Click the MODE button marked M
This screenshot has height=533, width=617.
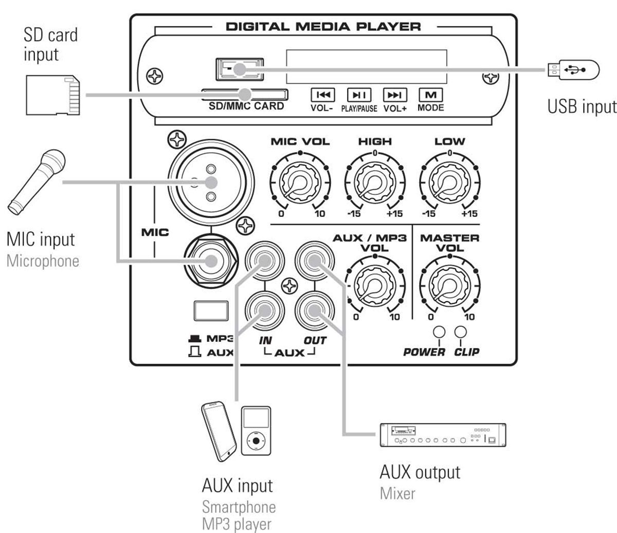(430, 95)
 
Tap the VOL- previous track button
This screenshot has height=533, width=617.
(323, 95)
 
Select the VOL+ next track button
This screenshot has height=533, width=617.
(394, 95)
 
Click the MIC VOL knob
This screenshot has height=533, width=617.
(300, 182)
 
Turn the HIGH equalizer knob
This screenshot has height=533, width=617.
(375, 182)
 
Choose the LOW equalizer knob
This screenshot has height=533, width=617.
(449, 182)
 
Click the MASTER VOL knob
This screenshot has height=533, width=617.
(449, 286)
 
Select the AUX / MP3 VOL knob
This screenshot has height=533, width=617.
(375, 286)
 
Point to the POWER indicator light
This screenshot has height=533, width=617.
(439, 332)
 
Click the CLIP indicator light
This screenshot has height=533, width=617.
(460, 332)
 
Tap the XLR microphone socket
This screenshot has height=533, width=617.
(211, 182)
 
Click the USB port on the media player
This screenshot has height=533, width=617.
(240, 69)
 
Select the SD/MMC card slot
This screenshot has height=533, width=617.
(244, 95)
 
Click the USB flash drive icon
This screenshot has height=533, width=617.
(573, 70)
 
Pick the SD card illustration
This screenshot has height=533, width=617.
(53, 95)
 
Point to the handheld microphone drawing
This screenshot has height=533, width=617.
(37, 182)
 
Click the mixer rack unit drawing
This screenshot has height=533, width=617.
(443, 435)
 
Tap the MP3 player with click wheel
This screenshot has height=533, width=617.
(256, 431)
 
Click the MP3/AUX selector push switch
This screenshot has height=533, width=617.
(211, 310)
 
